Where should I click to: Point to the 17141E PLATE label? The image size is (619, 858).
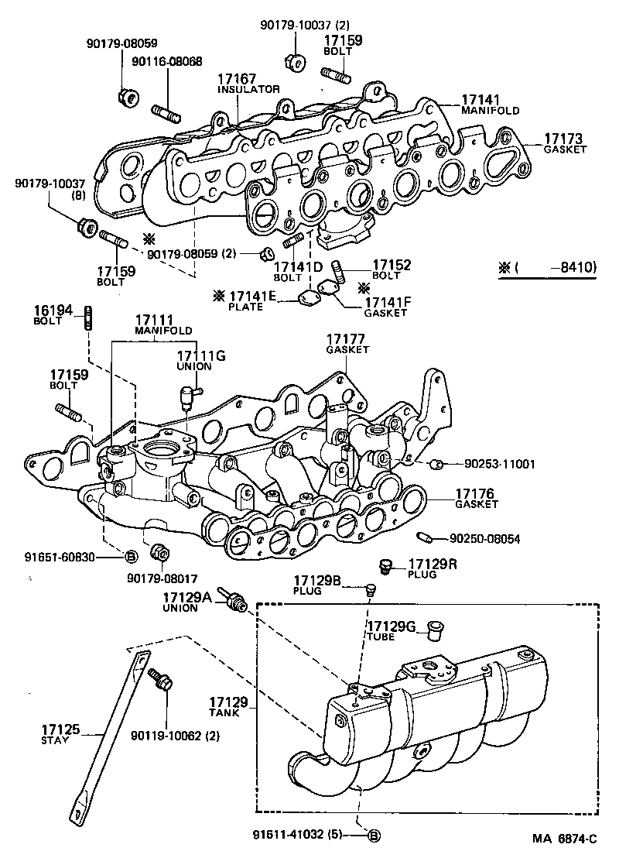point(251,300)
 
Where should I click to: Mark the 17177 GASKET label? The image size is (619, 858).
point(347,344)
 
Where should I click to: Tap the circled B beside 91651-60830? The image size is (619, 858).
point(131,556)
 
